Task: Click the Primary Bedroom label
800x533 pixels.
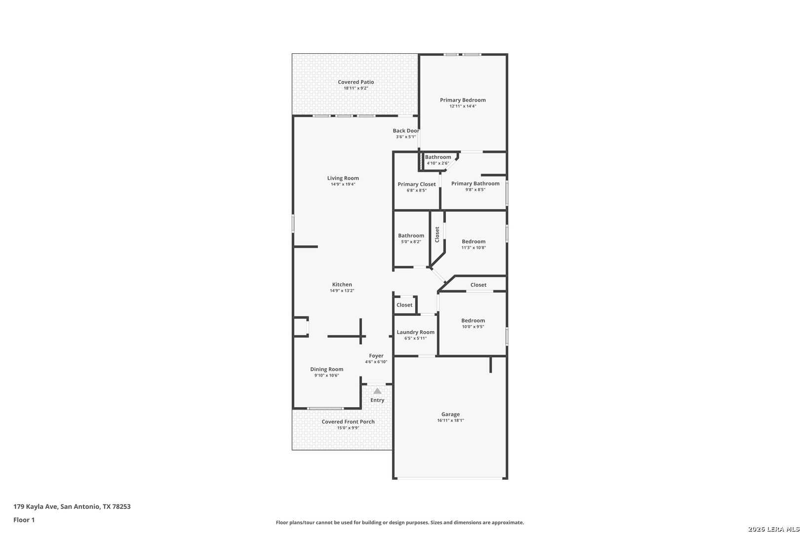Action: [463, 100]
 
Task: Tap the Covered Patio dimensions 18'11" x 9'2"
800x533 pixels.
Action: [356, 88]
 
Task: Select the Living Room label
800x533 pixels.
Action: [343, 178]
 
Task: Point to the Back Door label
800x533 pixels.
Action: [406, 131]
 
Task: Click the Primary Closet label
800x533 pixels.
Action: [416, 184]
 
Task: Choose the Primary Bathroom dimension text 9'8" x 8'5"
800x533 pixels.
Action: [475, 190]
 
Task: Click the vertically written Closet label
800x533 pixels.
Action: [437, 234]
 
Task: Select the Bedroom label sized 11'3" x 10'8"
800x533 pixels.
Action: [474, 241]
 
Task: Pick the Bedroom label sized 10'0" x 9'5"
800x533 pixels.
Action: [473, 321]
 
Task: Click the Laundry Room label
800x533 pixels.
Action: [415, 332]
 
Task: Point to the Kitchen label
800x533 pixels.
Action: [342, 285]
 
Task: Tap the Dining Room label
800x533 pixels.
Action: [326, 369]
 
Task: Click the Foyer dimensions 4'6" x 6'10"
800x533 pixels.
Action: [376, 362]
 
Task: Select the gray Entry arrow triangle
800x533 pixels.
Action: [377, 391]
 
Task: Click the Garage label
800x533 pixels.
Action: [450, 415]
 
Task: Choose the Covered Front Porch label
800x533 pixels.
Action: [348, 421]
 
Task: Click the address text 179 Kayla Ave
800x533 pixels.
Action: [36, 506]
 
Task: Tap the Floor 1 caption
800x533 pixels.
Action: [24, 520]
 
